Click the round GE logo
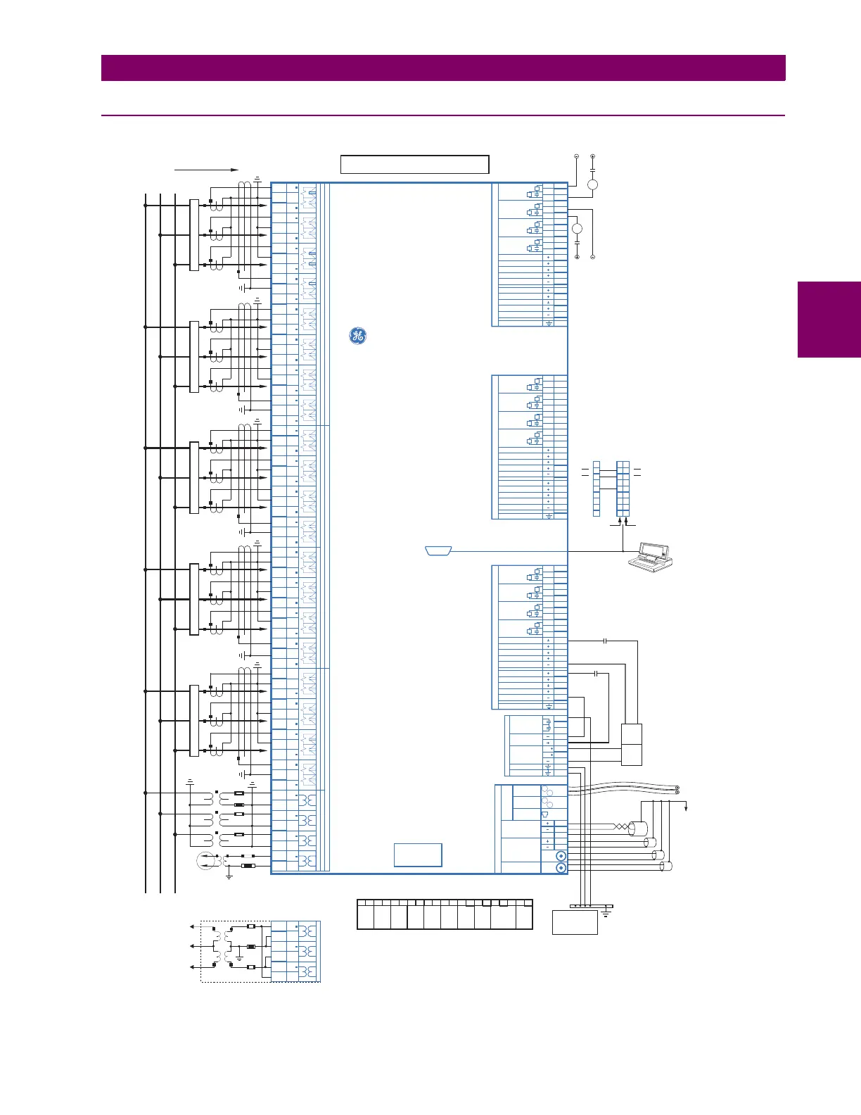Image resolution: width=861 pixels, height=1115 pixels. pos(357,336)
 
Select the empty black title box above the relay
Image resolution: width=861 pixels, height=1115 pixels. pos(414,164)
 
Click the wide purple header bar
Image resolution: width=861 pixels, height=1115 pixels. pos(443,68)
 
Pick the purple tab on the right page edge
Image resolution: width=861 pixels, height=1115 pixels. pos(829,320)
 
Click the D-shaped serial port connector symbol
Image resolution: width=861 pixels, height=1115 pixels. pos(438,550)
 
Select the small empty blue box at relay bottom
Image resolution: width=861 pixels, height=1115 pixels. pos(418,855)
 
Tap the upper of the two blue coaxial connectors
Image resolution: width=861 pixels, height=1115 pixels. pos(561,856)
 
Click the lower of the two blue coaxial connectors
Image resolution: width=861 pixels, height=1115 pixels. pos(561,868)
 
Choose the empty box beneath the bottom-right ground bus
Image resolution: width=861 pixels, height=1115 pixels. pos(575,922)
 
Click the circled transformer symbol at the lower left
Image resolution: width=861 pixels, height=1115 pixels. pos(205,860)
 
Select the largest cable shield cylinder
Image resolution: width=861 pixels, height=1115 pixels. pos(637,828)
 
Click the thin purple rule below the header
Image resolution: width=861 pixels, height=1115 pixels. pos(443,115)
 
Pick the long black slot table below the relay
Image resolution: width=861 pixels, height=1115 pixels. pos(445,914)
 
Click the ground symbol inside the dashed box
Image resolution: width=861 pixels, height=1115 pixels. pos(239,958)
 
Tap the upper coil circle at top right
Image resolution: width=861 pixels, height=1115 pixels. pos(592,184)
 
